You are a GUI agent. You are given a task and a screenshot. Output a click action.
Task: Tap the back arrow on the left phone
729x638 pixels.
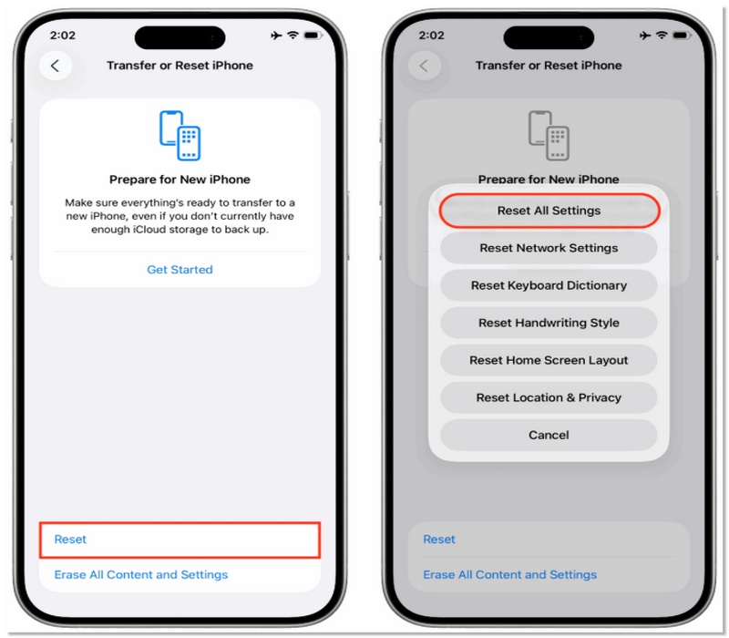click(x=56, y=66)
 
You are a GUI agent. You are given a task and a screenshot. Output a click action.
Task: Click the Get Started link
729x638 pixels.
click(x=180, y=270)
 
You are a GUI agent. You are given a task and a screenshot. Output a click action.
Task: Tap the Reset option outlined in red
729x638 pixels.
click(x=180, y=540)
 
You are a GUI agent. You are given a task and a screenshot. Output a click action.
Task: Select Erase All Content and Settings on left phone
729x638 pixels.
click(x=140, y=575)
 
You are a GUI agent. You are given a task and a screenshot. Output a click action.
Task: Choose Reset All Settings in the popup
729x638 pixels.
click(x=549, y=211)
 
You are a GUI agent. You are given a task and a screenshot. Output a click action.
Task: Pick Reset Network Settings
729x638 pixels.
click(x=549, y=248)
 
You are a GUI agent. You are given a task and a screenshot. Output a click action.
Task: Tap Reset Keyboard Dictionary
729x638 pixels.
click(x=549, y=285)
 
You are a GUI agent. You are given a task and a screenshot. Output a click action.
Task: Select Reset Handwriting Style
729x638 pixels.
click(x=549, y=323)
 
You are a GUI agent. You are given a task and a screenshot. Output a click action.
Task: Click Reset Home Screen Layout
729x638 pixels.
click(x=549, y=360)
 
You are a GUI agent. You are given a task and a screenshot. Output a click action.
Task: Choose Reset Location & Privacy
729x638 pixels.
click(x=549, y=397)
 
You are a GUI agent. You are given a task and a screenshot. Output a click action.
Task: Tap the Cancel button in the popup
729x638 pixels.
click(x=549, y=435)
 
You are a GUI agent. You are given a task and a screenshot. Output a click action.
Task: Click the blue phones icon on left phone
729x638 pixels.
click(x=180, y=135)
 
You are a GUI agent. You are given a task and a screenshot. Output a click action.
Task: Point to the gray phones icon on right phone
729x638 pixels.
click(x=549, y=135)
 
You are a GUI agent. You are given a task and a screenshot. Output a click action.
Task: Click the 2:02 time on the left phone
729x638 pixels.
click(x=63, y=35)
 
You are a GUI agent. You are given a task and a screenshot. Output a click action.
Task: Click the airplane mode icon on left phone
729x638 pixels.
click(x=276, y=35)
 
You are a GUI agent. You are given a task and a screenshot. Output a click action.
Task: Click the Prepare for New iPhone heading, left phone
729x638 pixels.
click(x=180, y=180)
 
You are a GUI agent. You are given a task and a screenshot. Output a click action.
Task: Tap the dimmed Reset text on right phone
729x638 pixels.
click(x=438, y=540)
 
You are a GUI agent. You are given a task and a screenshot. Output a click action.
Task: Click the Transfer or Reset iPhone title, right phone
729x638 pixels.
click(x=549, y=66)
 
